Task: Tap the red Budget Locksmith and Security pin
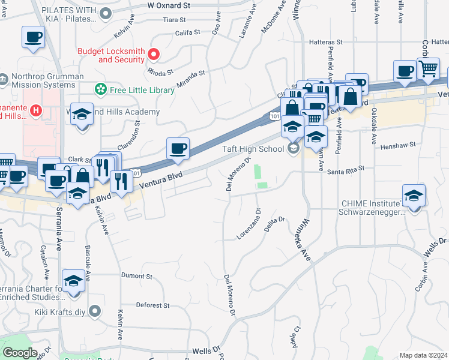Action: pyautogui.click(x=154, y=55)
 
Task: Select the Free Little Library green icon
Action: pyautogui.click(x=100, y=90)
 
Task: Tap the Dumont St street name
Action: pyautogui.click(x=137, y=276)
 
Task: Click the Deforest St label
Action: pyautogui.click(x=152, y=305)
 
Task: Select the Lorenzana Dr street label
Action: pyautogui.click(x=249, y=224)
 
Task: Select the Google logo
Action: pyautogui.click(x=20, y=353)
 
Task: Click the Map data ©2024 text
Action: pyautogui.click(x=423, y=355)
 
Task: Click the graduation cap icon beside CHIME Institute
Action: pyautogui.click(x=413, y=196)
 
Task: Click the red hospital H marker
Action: pyautogui.click(x=35, y=110)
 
